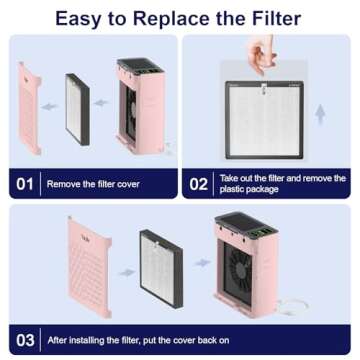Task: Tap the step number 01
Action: (24, 184)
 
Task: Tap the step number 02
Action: (200, 184)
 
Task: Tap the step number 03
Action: (24, 339)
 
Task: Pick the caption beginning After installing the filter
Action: (150, 339)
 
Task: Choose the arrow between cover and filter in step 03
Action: (123, 270)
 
